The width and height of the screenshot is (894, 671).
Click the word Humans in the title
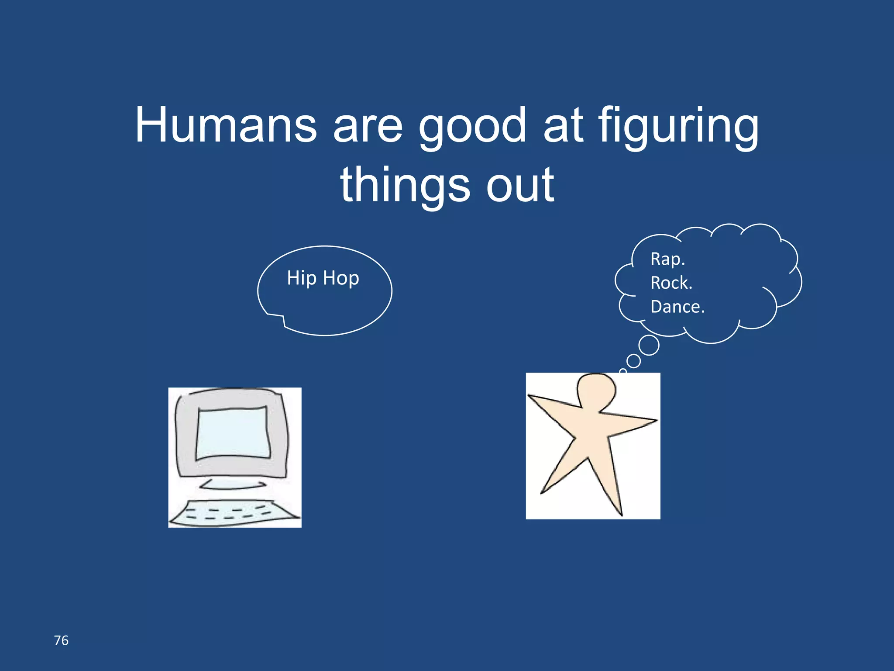[226, 125]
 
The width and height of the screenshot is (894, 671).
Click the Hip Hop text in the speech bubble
[323, 278]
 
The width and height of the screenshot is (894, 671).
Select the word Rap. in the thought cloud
[667, 259]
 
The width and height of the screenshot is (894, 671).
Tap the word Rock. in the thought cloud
[671, 283]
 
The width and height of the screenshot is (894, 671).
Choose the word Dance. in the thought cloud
[677, 307]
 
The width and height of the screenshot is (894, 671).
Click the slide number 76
[61, 640]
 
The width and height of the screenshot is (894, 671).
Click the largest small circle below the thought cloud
[649, 345]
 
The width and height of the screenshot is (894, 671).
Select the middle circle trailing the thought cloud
[633, 361]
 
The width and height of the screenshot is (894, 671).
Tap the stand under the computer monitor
[233, 484]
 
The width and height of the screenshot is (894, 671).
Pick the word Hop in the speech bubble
[341, 278]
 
